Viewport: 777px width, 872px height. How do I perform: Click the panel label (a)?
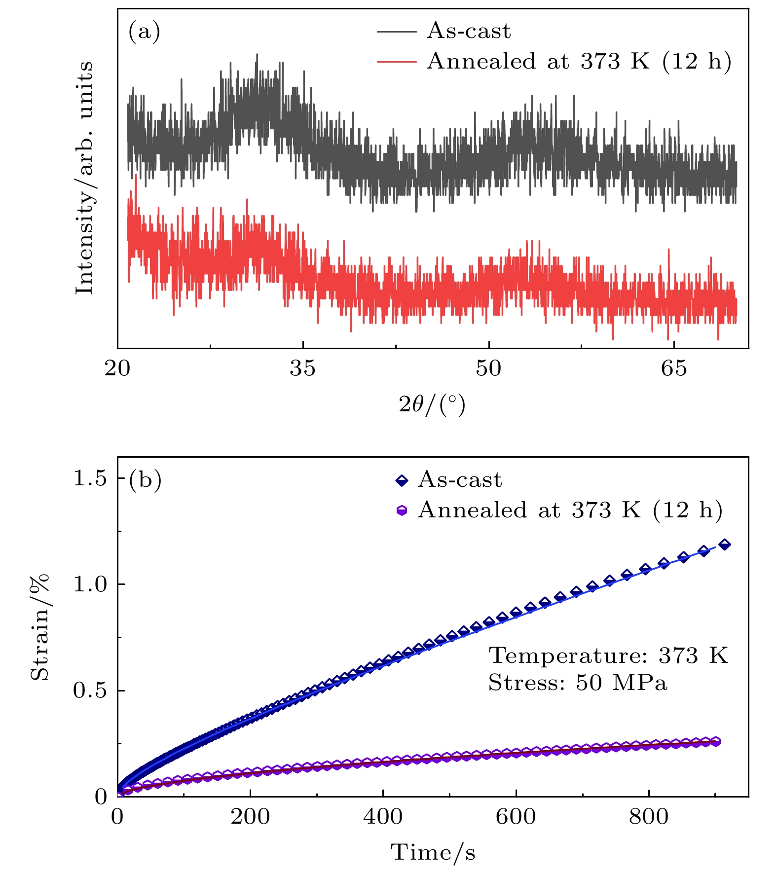[x=144, y=32]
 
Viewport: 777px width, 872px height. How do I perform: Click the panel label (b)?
[x=145, y=480]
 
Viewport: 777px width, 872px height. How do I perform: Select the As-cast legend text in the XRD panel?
[x=468, y=31]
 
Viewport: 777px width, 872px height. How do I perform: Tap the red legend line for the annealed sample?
[x=397, y=62]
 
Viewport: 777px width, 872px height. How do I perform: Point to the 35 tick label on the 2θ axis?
[x=302, y=368]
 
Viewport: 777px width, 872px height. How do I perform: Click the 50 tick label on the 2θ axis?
[x=488, y=368]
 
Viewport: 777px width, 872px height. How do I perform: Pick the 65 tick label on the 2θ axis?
[x=674, y=368]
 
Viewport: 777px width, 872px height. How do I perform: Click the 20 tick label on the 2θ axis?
[x=117, y=368]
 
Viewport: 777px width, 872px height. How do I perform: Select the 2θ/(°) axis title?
[x=432, y=405]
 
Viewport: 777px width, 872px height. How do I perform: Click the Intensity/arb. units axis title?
[x=85, y=178]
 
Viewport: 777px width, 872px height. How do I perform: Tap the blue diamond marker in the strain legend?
[x=402, y=480]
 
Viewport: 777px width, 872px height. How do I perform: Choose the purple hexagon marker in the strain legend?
[x=402, y=510]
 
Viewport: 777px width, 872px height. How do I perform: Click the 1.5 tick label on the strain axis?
[x=90, y=478]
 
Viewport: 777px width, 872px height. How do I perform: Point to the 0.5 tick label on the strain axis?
[x=90, y=690]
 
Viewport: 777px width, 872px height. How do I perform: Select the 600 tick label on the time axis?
[x=516, y=817]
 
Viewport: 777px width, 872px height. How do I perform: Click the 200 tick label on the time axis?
[x=250, y=817]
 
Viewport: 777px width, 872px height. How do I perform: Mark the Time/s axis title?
[x=433, y=852]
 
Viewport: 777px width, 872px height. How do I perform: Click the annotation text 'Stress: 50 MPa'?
[x=578, y=683]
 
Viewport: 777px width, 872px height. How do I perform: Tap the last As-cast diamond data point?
[x=725, y=545]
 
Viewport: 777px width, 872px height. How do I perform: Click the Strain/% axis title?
[x=40, y=626]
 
